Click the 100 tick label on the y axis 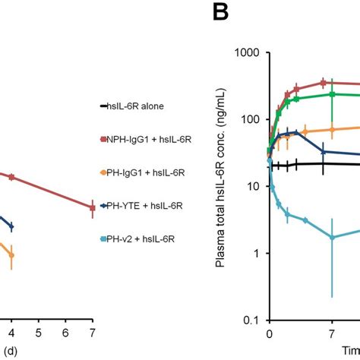[x=252, y=119]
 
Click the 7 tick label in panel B [x=332, y=333]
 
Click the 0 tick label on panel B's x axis [x=269, y=333]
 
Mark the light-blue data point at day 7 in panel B [x=332, y=238]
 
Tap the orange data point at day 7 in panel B [x=332, y=130]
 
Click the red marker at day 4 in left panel [x=11, y=176]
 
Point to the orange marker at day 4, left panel [x=11, y=255]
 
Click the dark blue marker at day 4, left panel [x=11, y=226]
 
